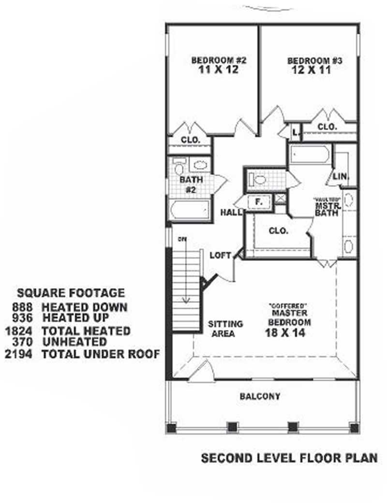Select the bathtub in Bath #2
[x=190, y=211]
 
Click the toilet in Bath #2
[x=179, y=169]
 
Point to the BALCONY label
[x=260, y=396]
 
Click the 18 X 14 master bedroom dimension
[x=285, y=332]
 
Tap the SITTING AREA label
[x=225, y=328]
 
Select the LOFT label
[x=221, y=255]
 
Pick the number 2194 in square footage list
[x=17, y=354]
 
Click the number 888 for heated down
[x=22, y=307]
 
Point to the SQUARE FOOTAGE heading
[x=71, y=293]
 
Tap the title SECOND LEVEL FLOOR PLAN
[x=289, y=458]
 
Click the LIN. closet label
[x=342, y=177]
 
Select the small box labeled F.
[x=258, y=202]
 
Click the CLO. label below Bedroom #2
[x=190, y=139]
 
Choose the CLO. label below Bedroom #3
[x=327, y=126]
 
